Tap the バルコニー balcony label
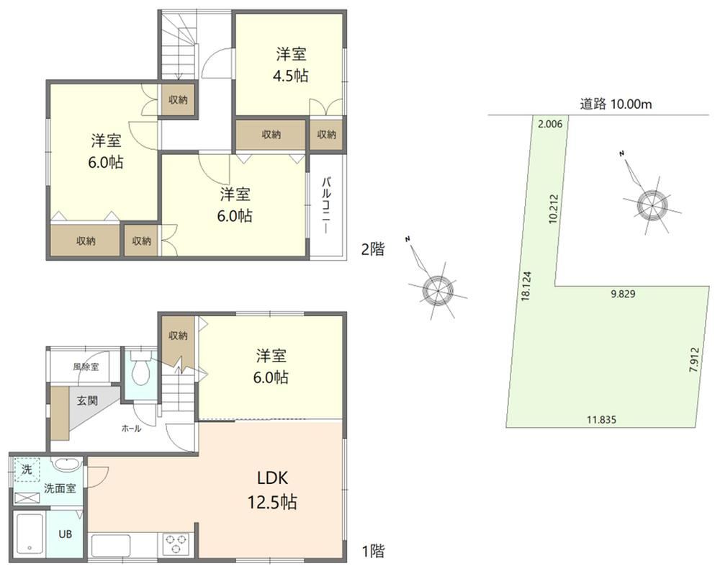coord(326,205)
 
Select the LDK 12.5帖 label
coord(272,490)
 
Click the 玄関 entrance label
coord(87,400)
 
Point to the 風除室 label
coord(86,367)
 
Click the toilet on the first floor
coord(140,368)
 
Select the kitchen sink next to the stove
coord(111,545)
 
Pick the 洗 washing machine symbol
coord(27,470)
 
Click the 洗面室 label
coord(60,488)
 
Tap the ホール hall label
coord(131,429)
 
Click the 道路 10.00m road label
coord(616,104)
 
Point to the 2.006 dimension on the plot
coord(549,124)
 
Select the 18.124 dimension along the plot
coord(526,286)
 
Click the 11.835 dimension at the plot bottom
coord(601,419)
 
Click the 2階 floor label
coord(372,249)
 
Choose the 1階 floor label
coord(372,550)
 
